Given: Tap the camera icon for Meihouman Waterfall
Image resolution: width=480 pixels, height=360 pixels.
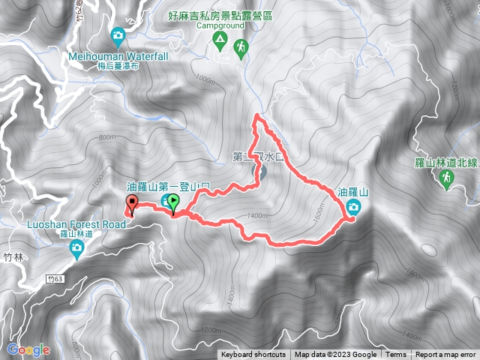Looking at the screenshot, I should pos(118,35).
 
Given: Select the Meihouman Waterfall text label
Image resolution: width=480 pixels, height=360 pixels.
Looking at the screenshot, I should pos(118,55).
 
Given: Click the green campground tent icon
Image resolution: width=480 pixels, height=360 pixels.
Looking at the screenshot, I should pos(220,37).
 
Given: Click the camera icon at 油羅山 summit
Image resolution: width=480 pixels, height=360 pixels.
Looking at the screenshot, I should pos(352,208).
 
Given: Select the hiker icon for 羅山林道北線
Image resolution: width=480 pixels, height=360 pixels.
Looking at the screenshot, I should pos(446,177).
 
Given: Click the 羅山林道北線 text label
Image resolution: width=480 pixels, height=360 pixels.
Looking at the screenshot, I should pos(446,162).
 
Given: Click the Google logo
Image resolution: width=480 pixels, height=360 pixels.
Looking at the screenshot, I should pos(28,349).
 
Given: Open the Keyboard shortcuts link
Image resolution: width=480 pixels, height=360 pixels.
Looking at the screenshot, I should pos(253,355).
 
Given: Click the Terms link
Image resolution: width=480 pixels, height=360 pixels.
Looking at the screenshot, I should pos(395,355).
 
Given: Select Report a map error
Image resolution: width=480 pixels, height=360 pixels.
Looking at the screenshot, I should pos(445,355).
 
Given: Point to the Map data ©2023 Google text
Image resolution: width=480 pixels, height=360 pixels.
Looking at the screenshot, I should pos(335,355).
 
